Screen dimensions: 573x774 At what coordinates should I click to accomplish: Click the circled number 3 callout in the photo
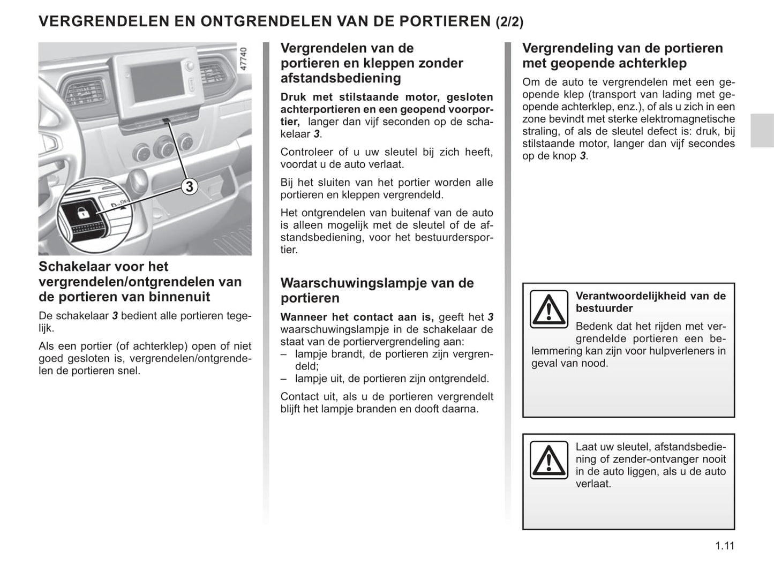pos(189,186)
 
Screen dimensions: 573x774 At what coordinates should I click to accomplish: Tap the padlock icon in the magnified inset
pos(84,213)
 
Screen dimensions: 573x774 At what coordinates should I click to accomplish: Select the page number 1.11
pos(724,546)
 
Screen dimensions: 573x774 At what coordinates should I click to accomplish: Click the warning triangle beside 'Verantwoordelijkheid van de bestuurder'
pos(548,309)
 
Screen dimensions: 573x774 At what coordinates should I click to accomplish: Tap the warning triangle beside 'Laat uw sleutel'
pos(548,460)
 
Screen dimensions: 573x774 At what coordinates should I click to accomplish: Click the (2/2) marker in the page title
pos(509,22)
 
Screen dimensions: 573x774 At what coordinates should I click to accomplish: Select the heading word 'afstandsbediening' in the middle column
pos(341,78)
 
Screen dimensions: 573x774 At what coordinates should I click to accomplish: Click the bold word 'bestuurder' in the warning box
pos(604,308)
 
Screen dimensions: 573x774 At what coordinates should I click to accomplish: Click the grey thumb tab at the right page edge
pos(762,131)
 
